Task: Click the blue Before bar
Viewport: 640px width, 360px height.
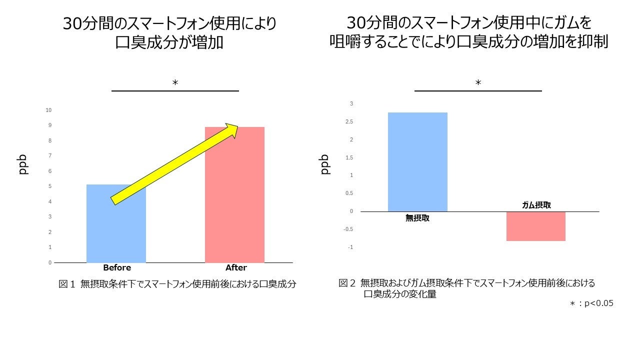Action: [116, 230]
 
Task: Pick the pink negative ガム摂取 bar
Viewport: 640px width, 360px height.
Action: [535, 226]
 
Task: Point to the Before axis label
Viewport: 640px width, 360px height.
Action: [116, 267]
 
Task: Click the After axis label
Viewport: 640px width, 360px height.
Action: [236, 267]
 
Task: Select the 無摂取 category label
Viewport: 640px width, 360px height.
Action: [417, 218]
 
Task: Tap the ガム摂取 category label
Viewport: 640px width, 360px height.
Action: [536, 205]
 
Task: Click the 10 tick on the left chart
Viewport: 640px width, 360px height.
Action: [49, 110]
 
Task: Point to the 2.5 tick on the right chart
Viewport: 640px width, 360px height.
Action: [348, 121]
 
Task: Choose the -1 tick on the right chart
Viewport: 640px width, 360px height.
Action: [350, 247]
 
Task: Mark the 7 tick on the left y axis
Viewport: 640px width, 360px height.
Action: [49, 156]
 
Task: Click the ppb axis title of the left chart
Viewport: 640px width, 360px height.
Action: [23, 164]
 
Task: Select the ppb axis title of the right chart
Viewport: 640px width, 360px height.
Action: [325, 164]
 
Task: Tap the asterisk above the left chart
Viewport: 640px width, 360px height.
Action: [175, 83]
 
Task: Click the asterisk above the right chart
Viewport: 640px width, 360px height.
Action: [478, 83]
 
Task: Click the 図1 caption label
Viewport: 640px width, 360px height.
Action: [66, 284]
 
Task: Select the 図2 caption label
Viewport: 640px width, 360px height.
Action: [347, 283]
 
